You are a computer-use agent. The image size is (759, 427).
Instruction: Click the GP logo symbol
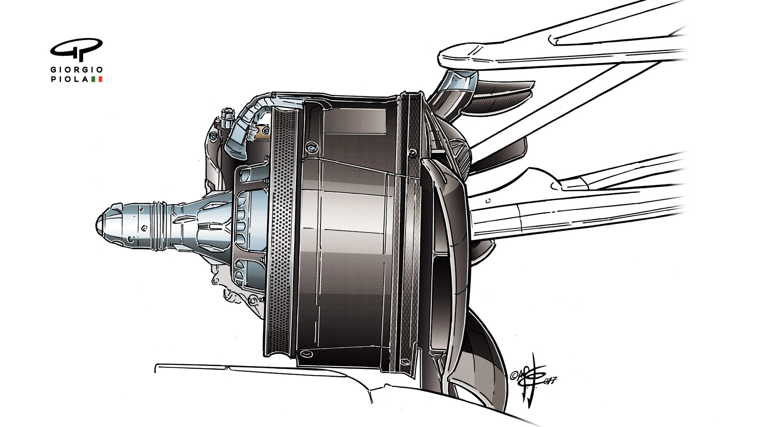coord(76,49)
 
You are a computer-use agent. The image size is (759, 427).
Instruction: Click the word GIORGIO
coord(77,70)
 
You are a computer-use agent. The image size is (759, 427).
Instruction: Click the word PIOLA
coord(70,79)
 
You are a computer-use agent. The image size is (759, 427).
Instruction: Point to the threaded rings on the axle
coord(160,224)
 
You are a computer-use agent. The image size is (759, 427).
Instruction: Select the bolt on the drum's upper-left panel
coord(313,147)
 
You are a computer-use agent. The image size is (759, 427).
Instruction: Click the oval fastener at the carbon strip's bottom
coord(405,362)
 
